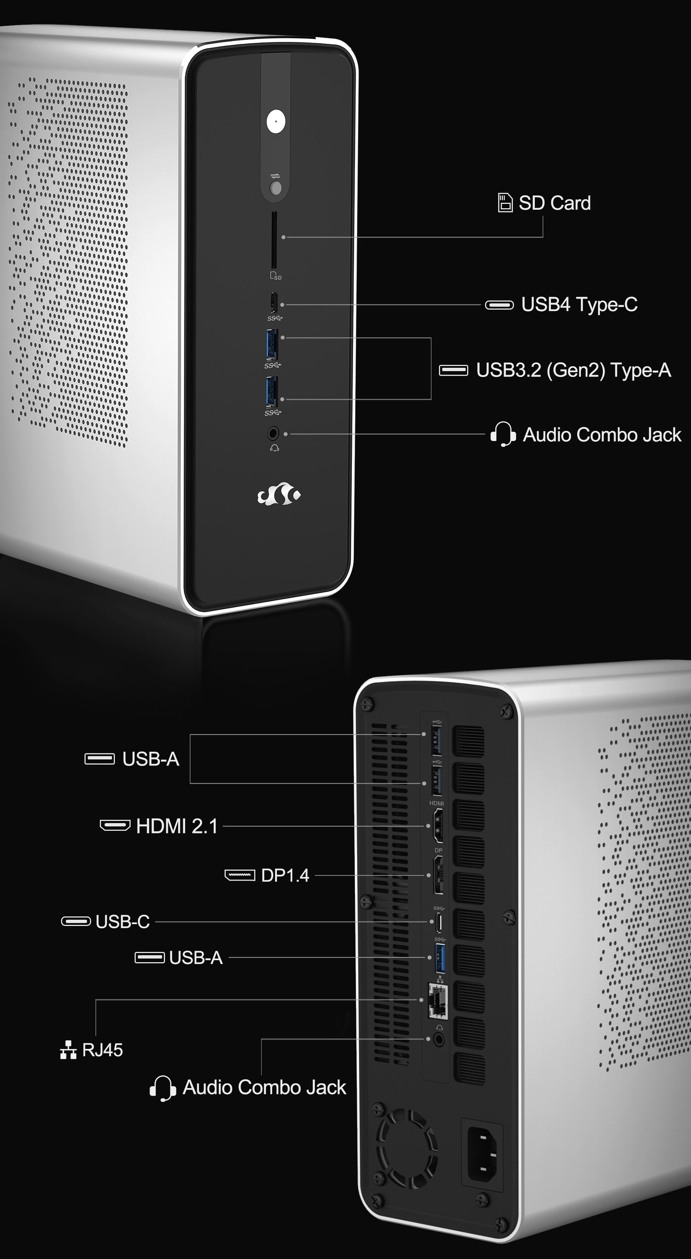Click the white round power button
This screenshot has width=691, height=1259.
(275, 121)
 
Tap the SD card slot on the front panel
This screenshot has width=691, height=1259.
(274, 240)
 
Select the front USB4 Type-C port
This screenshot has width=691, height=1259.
(274, 302)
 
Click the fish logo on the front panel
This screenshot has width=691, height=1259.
(279, 494)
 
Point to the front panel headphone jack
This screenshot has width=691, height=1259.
(273, 433)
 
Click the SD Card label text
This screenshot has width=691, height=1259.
(555, 203)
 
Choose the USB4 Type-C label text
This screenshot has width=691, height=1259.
(579, 304)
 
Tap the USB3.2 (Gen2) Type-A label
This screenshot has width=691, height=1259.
(573, 370)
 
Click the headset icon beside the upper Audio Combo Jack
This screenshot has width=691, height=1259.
(503, 434)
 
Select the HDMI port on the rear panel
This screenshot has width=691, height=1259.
(439, 825)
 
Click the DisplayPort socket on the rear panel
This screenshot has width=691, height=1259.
(439, 875)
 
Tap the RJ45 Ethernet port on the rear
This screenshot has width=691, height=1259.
(437, 1001)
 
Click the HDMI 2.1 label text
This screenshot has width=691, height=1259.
(177, 826)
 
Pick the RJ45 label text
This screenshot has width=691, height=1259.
(102, 1050)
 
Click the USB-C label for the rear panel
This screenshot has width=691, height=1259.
(123, 921)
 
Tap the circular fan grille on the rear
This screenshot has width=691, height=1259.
(407, 1148)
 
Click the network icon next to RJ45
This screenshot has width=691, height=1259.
(69, 1050)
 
